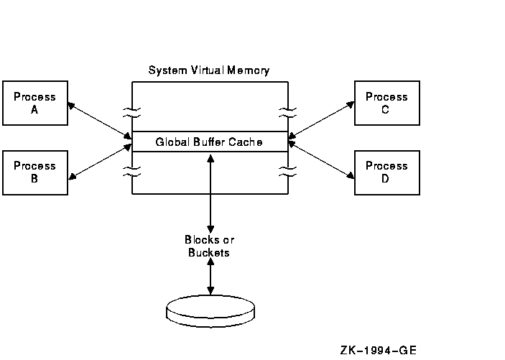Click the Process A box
pyautogui.click(x=34, y=103)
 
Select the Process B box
pyautogui.click(x=34, y=172)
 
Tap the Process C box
pyautogui.click(x=386, y=103)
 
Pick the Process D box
pyautogui.click(x=386, y=172)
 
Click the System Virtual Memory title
pyautogui.click(x=209, y=70)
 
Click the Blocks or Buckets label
pyautogui.click(x=210, y=246)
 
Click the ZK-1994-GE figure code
pyautogui.click(x=379, y=350)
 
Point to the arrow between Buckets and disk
pyautogui.click(x=210, y=277)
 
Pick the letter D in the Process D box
pyautogui.click(x=386, y=179)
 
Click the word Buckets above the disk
pyautogui.click(x=209, y=252)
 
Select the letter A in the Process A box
pyautogui.click(x=34, y=110)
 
